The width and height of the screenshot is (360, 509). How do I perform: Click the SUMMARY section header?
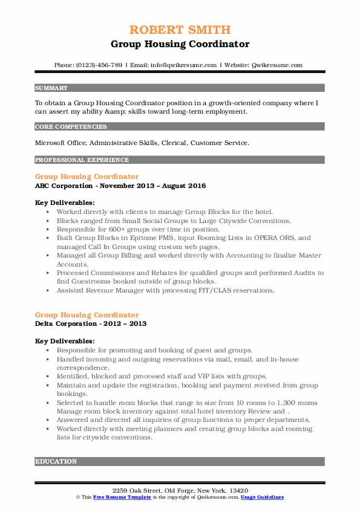51,88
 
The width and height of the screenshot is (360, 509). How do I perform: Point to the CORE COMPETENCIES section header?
71,127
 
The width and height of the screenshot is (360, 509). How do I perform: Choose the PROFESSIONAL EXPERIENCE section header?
82,160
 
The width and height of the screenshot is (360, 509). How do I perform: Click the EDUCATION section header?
56,461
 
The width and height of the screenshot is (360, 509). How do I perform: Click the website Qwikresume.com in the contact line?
277,65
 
